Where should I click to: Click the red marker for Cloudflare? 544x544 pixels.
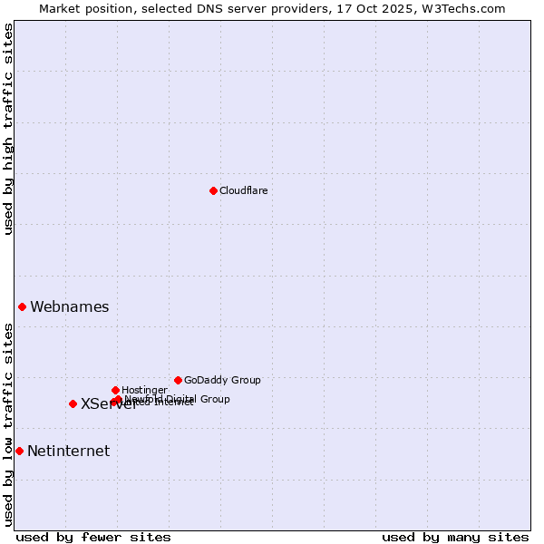tap(213, 190)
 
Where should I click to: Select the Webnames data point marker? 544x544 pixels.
tap(22, 306)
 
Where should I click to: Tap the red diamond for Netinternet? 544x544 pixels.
tap(19, 451)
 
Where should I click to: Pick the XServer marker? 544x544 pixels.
tap(73, 403)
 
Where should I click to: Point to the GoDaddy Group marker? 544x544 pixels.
tap(178, 380)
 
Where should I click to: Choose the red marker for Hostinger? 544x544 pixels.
tap(115, 390)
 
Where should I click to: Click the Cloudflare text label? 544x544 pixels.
tap(243, 190)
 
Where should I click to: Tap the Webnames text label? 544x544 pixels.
tap(69, 306)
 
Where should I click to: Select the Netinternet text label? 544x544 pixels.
tap(68, 451)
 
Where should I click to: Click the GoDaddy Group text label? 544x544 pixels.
tap(222, 380)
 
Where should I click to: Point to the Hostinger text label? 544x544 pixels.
tap(144, 390)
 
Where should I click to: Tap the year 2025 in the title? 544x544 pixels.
tap(393, 8)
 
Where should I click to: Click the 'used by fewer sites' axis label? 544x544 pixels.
tap(93, 537)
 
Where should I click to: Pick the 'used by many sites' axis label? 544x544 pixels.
tap(455, 537)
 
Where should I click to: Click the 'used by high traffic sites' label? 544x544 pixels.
tap(8, 129)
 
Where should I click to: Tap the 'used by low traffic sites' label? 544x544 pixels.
tap(8, 423)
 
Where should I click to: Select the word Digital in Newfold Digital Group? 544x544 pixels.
tap(182, 398)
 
